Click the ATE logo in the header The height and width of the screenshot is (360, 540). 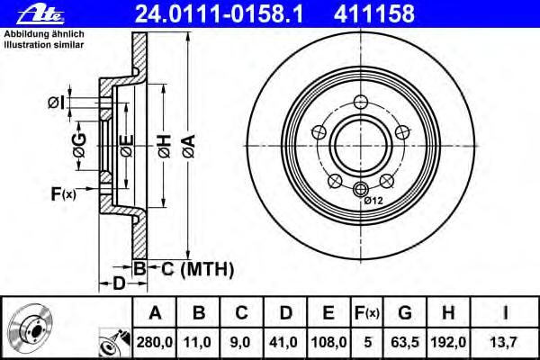coord(40,15)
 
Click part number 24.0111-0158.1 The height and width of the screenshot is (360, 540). coord(219,13)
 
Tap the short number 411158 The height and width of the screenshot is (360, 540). coord(374,13)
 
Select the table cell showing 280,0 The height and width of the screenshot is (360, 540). coord(154,342)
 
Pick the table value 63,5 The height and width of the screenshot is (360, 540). coord(405,342)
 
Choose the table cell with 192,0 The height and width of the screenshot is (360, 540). coord(448,342)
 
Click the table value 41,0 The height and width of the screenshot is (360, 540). coord(285,342)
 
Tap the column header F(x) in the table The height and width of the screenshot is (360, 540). coord(367,313)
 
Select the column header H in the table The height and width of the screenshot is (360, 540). coord(448,313)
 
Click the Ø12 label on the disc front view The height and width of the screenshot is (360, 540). coord(373,201)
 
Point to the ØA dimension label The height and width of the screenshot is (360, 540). coord(189,147)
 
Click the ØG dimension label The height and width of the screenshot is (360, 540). coord(79,146)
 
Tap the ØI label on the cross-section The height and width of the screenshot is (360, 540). coord(57,103)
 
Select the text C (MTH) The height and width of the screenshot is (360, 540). coord(198,269)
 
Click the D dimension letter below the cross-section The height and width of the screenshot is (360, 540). coord(119,283)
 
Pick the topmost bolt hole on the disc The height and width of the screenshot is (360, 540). coord(361,102)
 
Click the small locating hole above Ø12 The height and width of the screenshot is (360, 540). coord(361,189)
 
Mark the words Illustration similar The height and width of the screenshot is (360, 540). coord(44,45)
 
